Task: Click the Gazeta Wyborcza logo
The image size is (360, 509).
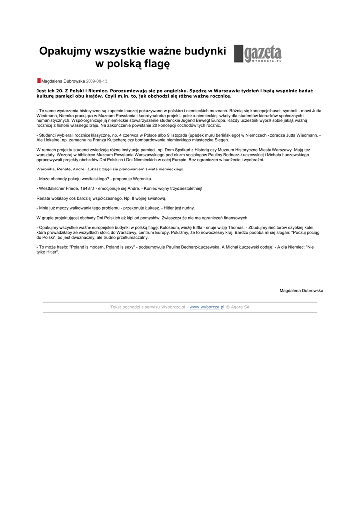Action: tap(258, 54)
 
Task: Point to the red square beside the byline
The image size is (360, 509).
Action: tap(39, 80)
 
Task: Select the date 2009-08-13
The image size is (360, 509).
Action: tap(96, 81)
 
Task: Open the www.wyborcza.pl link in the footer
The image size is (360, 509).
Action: tap(207, 307)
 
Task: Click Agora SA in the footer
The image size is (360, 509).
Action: tap(240, 307)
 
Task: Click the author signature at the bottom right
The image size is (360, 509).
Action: tap(301, 290)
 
